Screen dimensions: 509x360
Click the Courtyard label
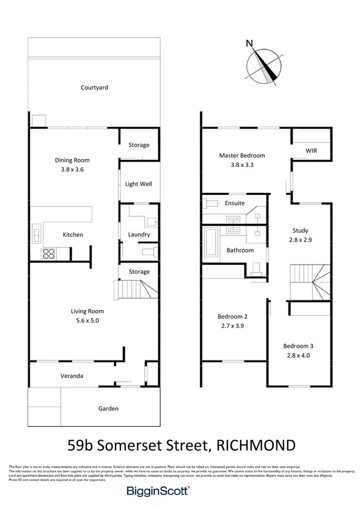click(94, 87)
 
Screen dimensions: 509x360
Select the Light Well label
click(139, 184)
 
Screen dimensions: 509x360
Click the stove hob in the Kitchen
click(48, 254)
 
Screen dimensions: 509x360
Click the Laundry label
click(139, 234)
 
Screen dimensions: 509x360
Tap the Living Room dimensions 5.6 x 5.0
click(87, 320)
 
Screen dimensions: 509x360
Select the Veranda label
click(72, 376)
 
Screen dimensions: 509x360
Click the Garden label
click(108, 409)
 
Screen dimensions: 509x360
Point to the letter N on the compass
click(249, 44)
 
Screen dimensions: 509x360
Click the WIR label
click(311, 151)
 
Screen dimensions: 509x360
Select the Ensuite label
click(235, 203)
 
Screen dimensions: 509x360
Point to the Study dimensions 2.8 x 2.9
click(300, 239)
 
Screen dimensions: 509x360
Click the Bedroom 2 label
click(232, 316)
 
